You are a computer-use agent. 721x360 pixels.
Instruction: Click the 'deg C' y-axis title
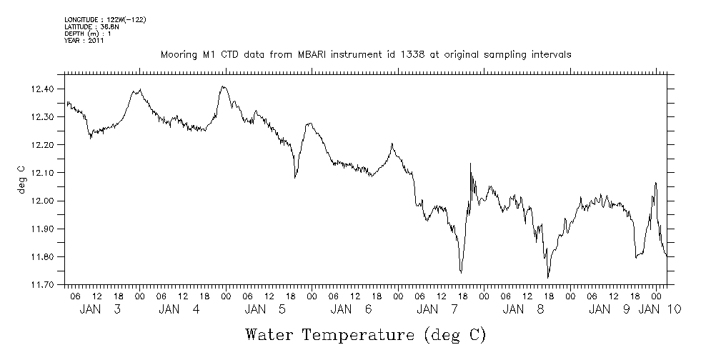point(21,179)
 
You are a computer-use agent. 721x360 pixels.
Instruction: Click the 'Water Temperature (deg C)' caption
point(366,334)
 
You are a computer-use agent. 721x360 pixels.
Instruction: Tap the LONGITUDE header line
point(105,19)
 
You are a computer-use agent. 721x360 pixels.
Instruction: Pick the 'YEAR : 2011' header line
point(85,41)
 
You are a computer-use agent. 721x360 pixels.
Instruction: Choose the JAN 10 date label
point(659,309)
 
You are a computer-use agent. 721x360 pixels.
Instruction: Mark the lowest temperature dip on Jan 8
point(548,277)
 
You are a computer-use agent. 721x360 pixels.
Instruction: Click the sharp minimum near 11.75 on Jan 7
point(462,272)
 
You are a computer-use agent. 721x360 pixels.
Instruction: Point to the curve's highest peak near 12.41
point(224,86)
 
